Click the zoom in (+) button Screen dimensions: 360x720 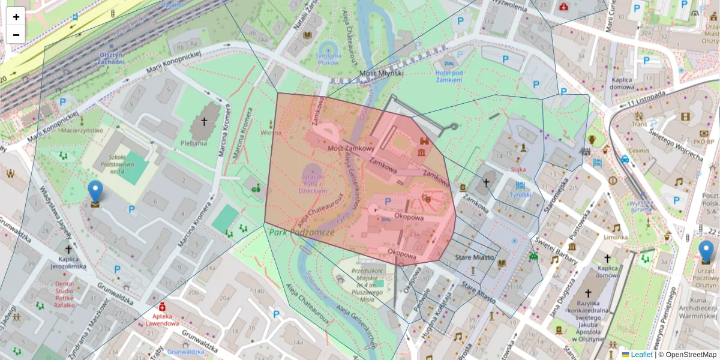16,17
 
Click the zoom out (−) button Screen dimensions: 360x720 16,35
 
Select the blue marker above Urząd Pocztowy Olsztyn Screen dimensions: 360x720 706,251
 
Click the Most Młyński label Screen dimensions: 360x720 381,73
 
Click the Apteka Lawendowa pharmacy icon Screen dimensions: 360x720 162,308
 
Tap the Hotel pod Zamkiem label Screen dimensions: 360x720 449,76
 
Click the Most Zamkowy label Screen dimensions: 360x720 351,148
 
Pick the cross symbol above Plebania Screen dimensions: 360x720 204,122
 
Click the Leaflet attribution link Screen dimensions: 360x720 640,355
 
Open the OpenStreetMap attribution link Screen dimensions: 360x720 690,355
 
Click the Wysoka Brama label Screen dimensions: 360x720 641,206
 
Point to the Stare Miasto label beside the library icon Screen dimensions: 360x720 474,257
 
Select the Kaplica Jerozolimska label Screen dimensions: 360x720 68,262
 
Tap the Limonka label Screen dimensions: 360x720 616,238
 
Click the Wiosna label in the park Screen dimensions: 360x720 271,133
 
